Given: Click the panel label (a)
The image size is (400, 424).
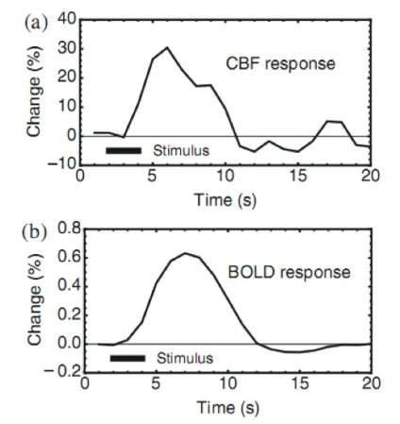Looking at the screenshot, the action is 36,24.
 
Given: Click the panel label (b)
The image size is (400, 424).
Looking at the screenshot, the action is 35,233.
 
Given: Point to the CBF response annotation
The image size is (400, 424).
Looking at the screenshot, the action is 280,63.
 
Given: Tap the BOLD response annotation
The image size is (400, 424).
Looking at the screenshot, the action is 289,272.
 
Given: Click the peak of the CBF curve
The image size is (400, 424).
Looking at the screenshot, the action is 167,47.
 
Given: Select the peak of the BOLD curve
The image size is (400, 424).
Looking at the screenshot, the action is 185,253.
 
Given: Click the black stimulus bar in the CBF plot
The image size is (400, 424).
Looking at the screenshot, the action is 124,151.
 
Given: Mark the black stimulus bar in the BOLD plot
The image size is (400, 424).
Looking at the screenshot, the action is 127,358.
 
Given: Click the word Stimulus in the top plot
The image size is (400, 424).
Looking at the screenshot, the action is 181,151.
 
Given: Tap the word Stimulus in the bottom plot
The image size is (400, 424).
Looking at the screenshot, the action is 185,358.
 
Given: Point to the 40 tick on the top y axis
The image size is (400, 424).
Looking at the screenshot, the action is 67,20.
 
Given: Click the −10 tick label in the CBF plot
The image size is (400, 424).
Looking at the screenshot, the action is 62,163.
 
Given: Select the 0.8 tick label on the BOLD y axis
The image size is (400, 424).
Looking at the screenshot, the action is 69,229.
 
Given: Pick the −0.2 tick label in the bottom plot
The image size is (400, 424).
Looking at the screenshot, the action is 63,372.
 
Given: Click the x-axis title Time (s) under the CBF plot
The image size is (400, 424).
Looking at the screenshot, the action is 225,200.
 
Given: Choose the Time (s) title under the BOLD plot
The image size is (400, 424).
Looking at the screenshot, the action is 228,408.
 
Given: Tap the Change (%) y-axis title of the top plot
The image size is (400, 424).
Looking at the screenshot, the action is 34,92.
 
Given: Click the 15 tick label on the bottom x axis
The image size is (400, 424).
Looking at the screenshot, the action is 300,383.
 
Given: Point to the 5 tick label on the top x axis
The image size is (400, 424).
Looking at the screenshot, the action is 152,176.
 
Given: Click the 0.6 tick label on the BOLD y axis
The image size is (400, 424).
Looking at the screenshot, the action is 69,258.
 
